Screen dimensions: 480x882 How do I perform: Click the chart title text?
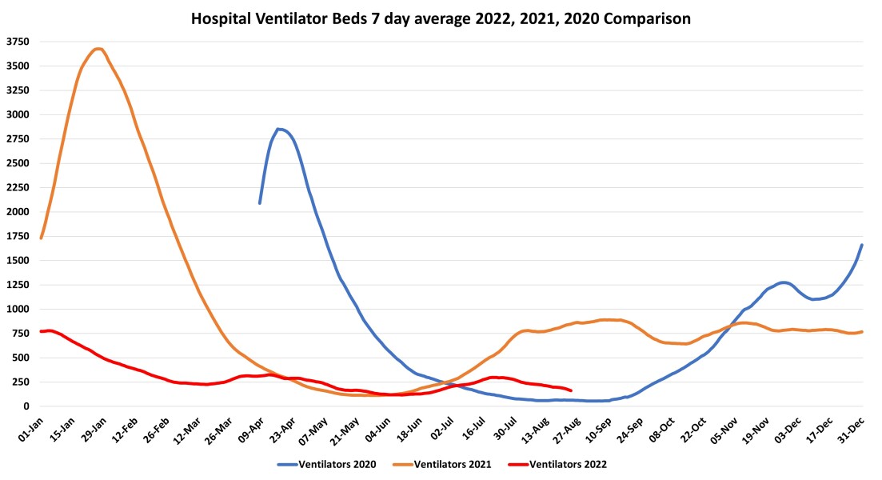(x=441, y=17)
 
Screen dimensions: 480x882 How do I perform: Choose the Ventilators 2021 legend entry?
(x=440, y=463)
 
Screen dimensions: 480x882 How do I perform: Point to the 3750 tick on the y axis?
(x=18, y=42)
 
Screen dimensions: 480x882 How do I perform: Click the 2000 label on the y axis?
(x=18, y=212)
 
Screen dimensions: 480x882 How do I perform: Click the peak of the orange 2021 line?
(x=98, y=49)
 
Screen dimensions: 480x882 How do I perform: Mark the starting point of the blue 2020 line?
(x=260, y=203)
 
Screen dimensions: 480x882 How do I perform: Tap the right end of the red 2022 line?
(x=571, y=390)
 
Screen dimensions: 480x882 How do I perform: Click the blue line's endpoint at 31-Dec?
(x=862, y=245)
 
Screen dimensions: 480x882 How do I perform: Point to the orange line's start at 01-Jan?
(x=41, y=238)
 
